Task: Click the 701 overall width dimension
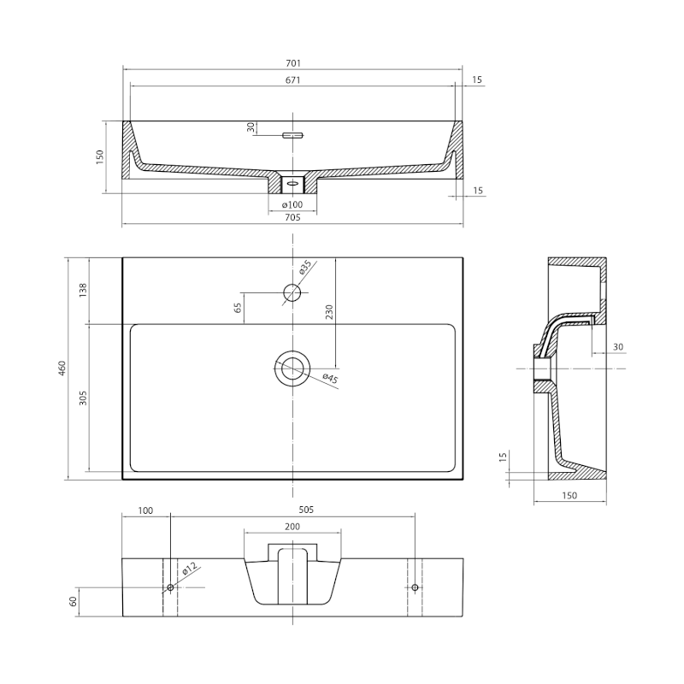[293, 63]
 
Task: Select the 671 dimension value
[293, 80]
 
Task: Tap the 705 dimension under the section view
[292, 217]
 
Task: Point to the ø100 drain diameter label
[292, 204]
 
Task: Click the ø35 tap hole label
[305, 267]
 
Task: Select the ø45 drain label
[330, 378]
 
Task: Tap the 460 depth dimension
[62, 369]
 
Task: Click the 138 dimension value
[83, 290]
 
